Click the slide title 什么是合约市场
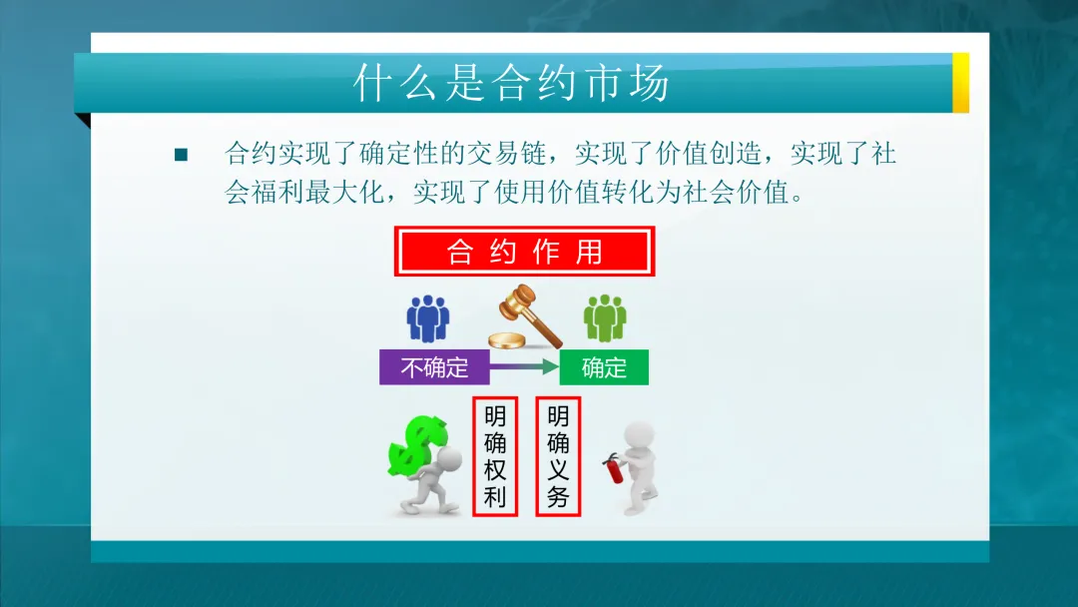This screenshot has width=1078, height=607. [x=511, y=85]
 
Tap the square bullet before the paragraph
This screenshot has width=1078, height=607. [x=181, y=155]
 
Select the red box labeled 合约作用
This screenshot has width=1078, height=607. [x=524, y=252]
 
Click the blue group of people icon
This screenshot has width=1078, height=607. [x=427, y=318]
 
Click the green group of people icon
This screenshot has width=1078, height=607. [x=605, y=318]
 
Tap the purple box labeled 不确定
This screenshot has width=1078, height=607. [x=434, y=367]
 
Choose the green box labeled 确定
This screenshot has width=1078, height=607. [x=604, y=367]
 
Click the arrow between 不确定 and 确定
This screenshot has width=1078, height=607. [x=524, y=367]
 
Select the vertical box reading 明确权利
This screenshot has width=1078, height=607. [x=495, y=456]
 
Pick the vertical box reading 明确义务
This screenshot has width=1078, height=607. [x=558, y=456]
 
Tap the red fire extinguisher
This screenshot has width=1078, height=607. [x=612, y=467]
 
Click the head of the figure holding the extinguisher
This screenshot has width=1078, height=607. [x=639, y=435]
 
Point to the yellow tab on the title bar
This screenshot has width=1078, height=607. [x=960, y=82]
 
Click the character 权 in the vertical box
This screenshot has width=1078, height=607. [x=495, y=469]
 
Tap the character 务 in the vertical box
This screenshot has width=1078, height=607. [x=558, y=496]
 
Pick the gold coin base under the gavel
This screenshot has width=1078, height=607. [x=506, y=340]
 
